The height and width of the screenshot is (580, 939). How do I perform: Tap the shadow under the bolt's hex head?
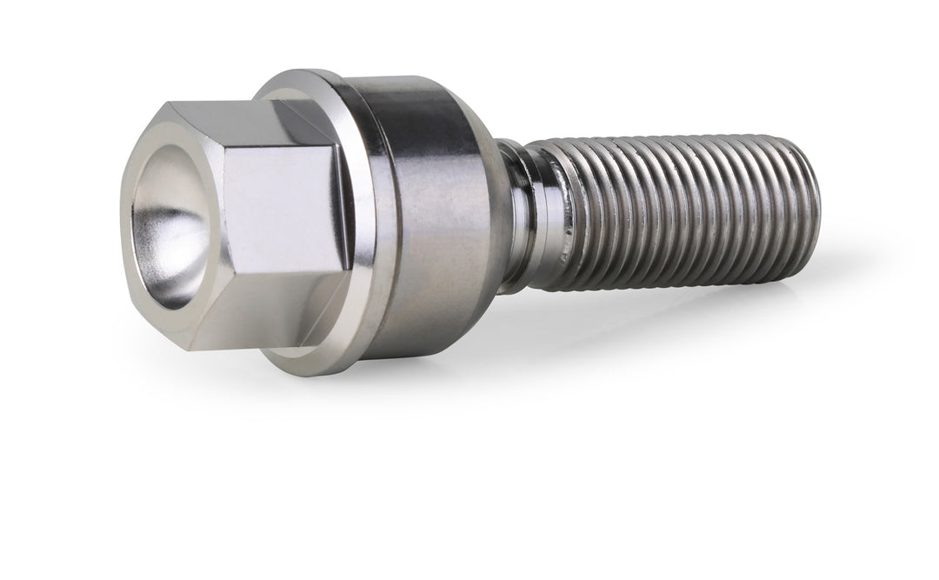click(x=278, y=383)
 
